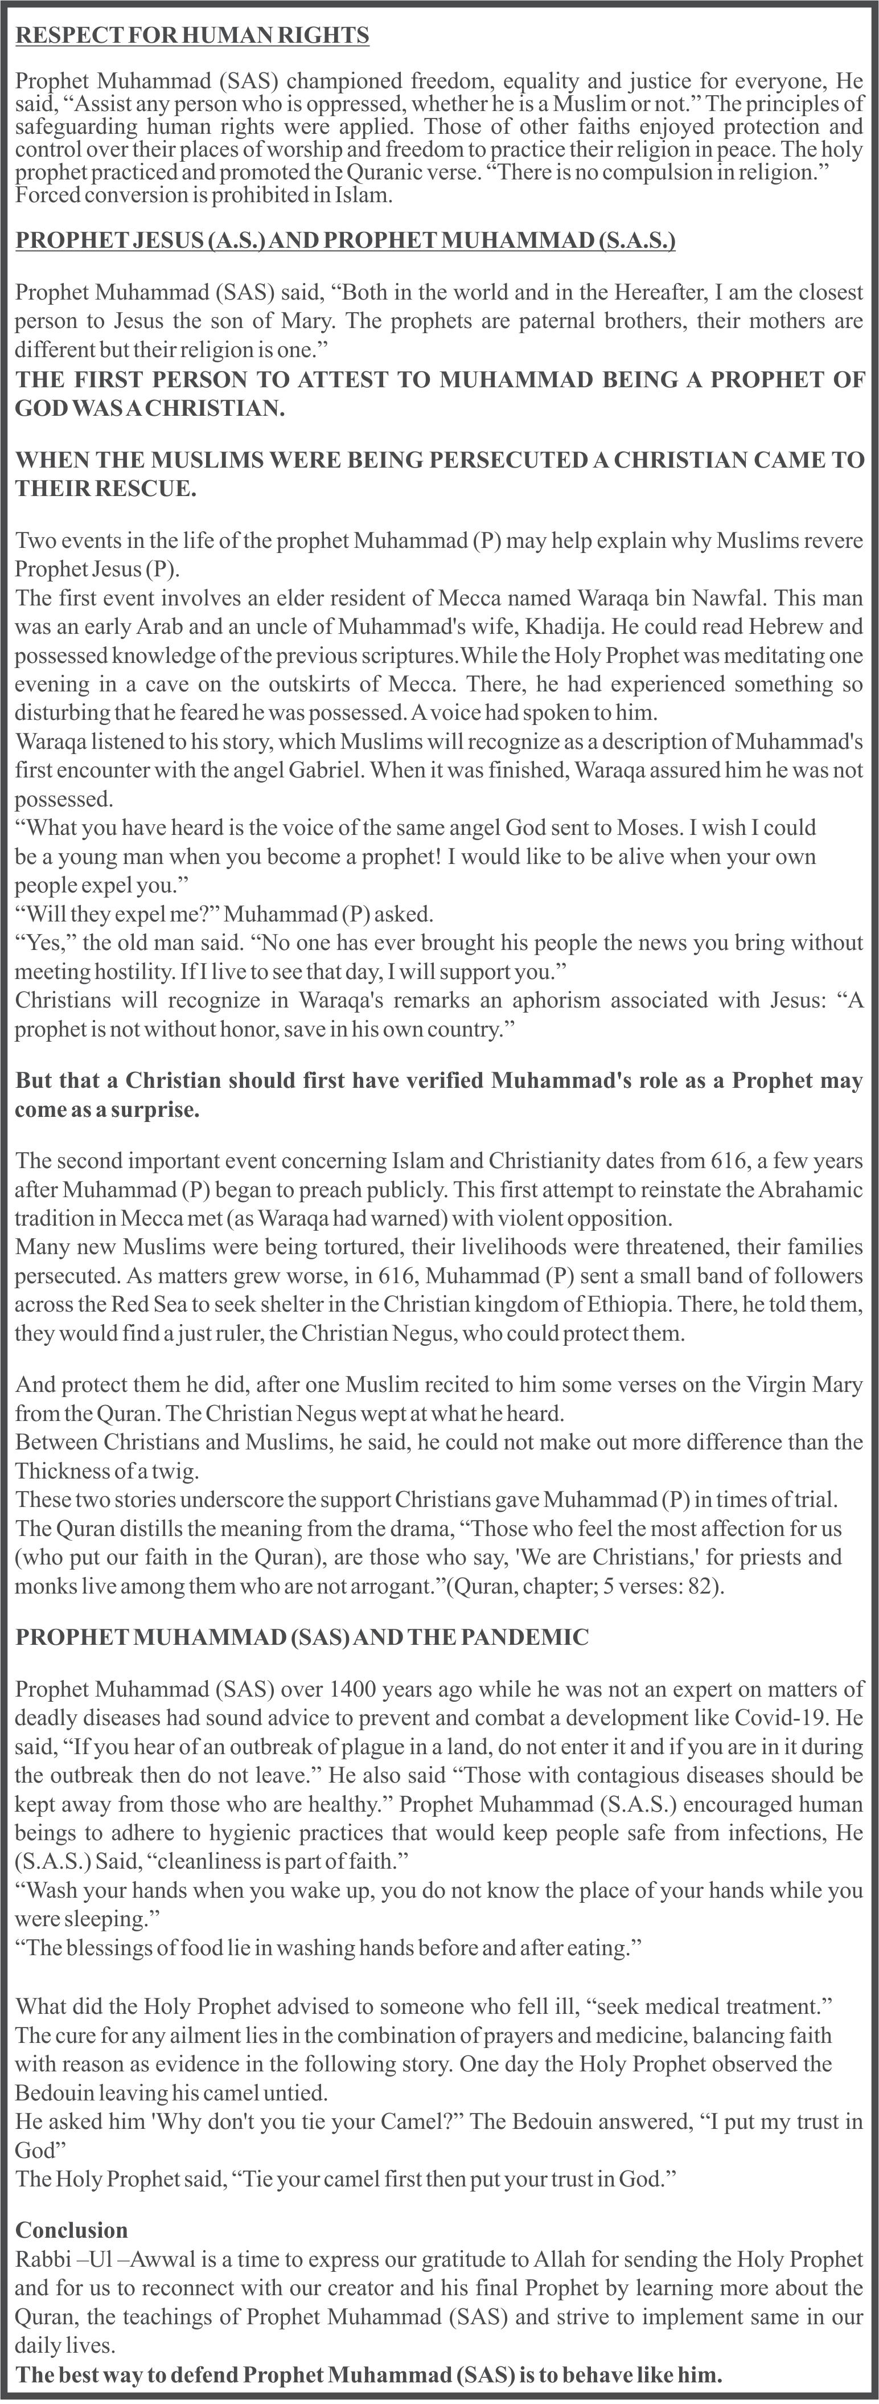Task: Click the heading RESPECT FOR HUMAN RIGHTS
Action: coord(193,35)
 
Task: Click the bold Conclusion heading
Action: coord(72,2230)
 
